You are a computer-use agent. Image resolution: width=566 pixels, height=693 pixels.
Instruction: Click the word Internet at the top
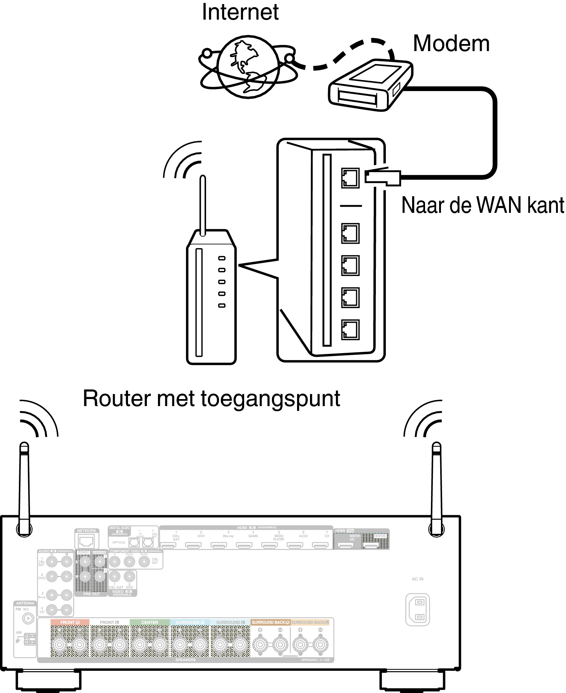(240, 12)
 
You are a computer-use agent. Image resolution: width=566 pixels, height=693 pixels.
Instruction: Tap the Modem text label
(451, 44)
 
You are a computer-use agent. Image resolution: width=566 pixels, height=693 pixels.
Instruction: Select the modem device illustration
(370, 86)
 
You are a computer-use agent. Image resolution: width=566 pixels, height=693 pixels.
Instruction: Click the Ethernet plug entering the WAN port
(383, 177)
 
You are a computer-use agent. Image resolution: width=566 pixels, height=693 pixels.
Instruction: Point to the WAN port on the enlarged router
(350, 178)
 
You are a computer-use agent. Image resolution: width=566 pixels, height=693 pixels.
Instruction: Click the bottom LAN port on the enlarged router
(350, 329)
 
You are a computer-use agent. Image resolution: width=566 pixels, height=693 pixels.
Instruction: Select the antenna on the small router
(202, 205)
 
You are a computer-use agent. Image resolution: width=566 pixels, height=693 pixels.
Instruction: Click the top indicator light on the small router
(222, 258)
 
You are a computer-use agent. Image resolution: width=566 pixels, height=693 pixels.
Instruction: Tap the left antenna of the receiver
(24, 489)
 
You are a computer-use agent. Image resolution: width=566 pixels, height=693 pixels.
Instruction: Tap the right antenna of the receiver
(437, 489)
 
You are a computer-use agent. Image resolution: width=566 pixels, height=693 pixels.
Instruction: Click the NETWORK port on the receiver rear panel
(87, 541)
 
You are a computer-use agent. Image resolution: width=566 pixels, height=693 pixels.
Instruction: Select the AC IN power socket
(418, 610)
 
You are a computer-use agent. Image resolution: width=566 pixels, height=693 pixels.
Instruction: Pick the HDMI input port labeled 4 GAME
(244, 545)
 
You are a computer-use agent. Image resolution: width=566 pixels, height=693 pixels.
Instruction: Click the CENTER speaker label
(150, 622)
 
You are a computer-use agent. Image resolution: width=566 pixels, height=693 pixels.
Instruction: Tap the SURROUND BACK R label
(270, 622)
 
